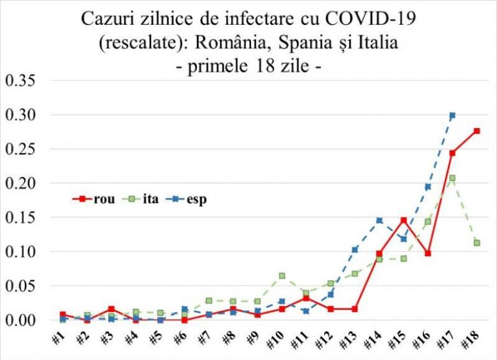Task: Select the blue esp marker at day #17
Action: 452,116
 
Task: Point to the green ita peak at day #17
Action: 452,178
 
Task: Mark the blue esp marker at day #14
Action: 379,220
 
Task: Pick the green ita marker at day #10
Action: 282,275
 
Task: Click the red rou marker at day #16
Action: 428,254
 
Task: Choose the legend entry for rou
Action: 93,199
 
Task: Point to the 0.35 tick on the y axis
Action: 21,81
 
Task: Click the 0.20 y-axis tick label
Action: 21,184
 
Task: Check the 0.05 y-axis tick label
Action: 21,287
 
